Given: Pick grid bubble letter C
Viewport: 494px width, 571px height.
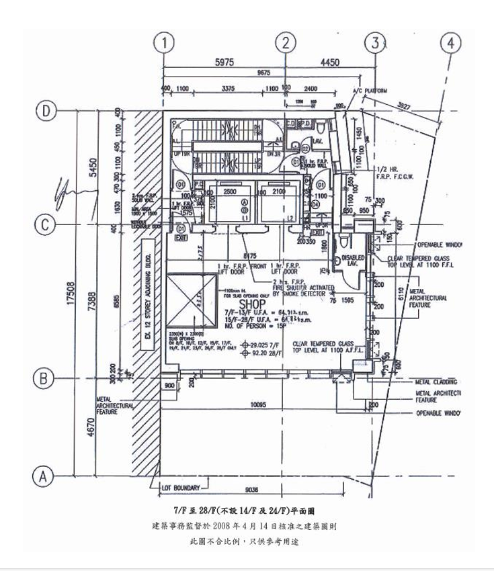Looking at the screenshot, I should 45,225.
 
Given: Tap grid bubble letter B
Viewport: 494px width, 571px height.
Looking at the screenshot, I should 45,378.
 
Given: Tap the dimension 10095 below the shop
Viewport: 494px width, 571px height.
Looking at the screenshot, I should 264,404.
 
